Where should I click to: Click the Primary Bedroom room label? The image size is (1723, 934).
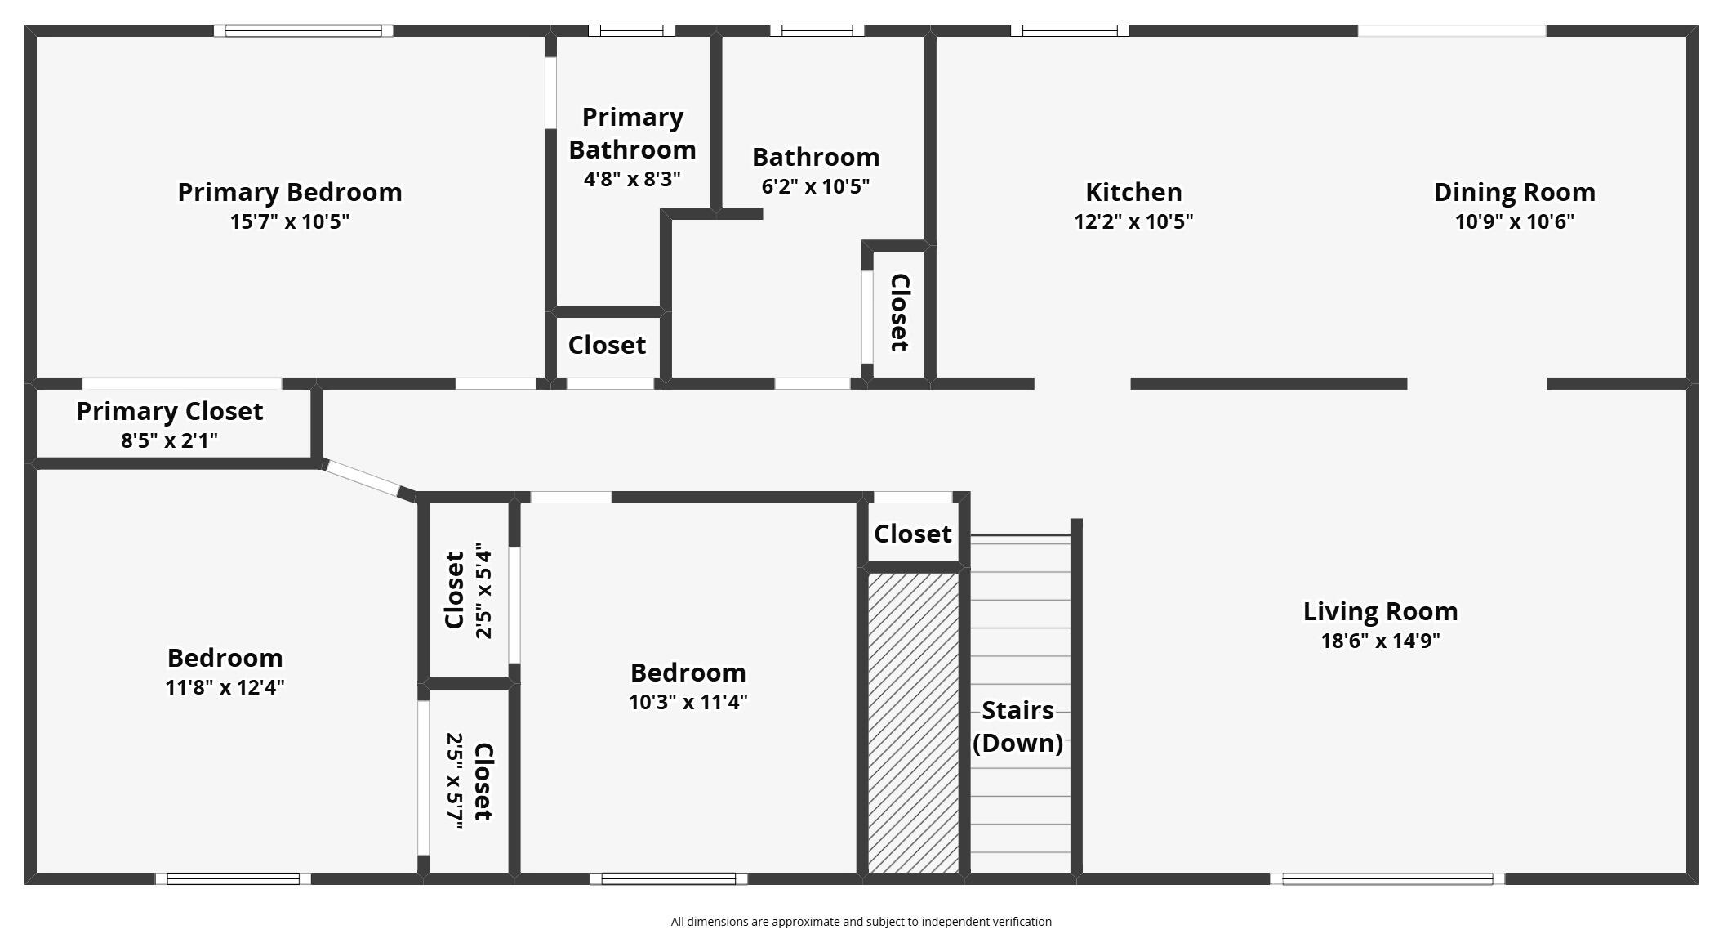coord(290,192)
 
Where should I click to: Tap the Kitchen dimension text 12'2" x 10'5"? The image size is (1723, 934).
coord(1133,221)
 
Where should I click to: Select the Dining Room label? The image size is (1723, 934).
coord(1515,192)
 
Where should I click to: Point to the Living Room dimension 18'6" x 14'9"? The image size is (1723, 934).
coord(1380,641)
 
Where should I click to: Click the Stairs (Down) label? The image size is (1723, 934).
coord(1017,726)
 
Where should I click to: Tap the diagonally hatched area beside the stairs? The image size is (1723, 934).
coord(913,722)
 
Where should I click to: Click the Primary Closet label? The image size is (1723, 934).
coord(170,411)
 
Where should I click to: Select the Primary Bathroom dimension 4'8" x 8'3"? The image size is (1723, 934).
coord(632,179)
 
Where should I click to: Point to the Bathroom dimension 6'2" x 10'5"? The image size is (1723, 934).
coord(815,186)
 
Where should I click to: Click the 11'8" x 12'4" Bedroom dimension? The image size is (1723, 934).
coord(225,687)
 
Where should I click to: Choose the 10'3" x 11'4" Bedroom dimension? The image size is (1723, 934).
coord(688,702)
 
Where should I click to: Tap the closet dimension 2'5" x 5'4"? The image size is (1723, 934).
coord(484,591)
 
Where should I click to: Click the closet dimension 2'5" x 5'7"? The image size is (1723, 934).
coord(455,781)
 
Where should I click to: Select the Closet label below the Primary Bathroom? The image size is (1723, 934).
coord(607,345)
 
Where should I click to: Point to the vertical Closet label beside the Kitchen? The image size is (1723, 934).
coord(899,313)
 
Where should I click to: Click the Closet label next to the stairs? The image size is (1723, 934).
coord(912,534)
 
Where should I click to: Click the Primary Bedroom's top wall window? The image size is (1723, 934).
coord(303,31)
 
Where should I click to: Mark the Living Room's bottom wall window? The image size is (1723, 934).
coord(1387,879)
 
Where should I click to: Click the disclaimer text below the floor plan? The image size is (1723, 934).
coord(861,922)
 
